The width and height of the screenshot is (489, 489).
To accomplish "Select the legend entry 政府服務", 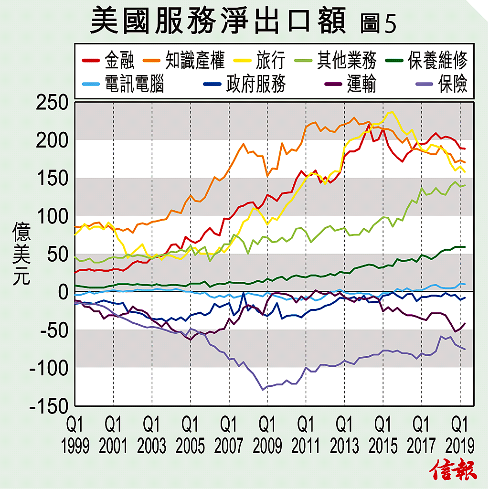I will pyautogui.click(x=255, y=85).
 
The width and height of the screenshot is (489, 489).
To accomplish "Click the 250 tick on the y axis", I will pyautogui.click(x=53, y=103).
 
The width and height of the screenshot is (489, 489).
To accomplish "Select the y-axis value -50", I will pyautogui.click(x=54, y=330).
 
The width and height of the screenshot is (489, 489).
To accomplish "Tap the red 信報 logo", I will pyautogui.click(x=454, y=470).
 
